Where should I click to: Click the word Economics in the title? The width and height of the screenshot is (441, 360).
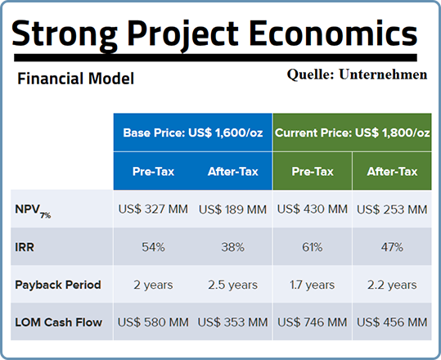coord(333,33)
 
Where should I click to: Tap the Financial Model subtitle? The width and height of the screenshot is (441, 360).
coord(75,79)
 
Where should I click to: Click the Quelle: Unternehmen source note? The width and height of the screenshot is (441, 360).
coord(357,74)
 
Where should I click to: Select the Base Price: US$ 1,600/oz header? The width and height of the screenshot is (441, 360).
coord(193,133)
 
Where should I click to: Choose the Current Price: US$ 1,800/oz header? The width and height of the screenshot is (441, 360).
coord(352,133)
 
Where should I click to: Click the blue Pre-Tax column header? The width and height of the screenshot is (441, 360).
coord(153,171)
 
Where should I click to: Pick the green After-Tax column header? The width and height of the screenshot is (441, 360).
coord(392,171)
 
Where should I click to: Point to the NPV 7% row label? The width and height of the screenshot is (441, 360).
coord(33,211)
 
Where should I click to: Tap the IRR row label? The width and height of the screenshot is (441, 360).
coord(25,247)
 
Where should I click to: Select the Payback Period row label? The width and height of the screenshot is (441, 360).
coord(58,285)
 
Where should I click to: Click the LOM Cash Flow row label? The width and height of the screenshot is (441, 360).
coord(59,322)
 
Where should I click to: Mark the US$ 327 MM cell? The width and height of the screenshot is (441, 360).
coord(153,209)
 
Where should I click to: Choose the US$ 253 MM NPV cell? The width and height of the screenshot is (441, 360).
coord(392,209)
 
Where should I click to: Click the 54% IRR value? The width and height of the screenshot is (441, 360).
coord(153,247)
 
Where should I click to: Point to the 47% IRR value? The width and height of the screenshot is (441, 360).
coord(392,247)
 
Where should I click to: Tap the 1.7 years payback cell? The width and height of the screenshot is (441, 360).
coord(313,285)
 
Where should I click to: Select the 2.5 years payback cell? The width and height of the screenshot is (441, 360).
coord(233,285)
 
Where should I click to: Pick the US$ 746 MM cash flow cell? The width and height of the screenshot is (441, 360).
coord(313,322)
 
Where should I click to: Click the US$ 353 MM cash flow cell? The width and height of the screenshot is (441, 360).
coord(233,322)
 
